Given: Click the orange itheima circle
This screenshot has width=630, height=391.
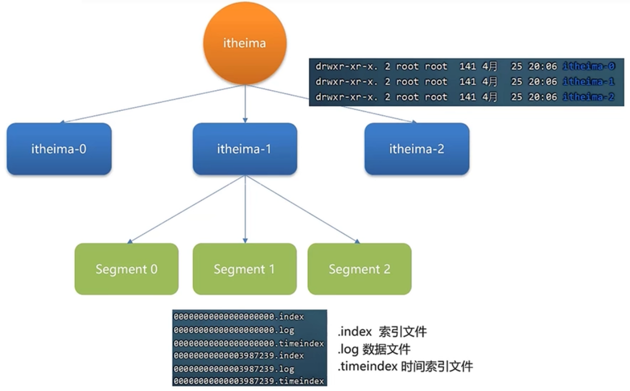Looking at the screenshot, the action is (245, 43).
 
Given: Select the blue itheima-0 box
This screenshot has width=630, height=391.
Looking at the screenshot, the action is (59, 149).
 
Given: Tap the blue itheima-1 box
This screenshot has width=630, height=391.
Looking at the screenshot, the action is (245, 149).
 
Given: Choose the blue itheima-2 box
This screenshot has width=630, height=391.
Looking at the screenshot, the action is (417, 149).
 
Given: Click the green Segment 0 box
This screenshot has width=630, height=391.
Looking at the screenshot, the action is (126, 269).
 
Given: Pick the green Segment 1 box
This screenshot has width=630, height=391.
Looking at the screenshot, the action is (245, 269).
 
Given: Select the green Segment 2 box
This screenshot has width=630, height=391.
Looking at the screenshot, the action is (360, 269).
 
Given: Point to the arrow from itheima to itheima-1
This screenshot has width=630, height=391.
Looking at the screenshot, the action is (245, 104).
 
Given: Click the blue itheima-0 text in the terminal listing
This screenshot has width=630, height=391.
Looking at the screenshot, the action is (589, 66).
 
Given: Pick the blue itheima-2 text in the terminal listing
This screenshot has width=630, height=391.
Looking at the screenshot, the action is (589, 97).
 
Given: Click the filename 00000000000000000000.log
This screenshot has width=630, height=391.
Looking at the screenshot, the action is (234, 330).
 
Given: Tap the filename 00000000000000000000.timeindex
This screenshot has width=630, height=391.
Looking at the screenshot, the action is (249, 343).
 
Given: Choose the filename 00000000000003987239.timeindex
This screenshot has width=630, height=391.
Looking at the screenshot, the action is (249, 381).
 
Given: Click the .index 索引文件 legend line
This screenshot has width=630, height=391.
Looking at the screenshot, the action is (382, 331).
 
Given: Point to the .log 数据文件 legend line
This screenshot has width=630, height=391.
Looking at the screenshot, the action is (374, 349).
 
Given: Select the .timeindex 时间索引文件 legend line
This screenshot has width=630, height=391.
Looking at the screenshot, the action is (405, 367).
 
